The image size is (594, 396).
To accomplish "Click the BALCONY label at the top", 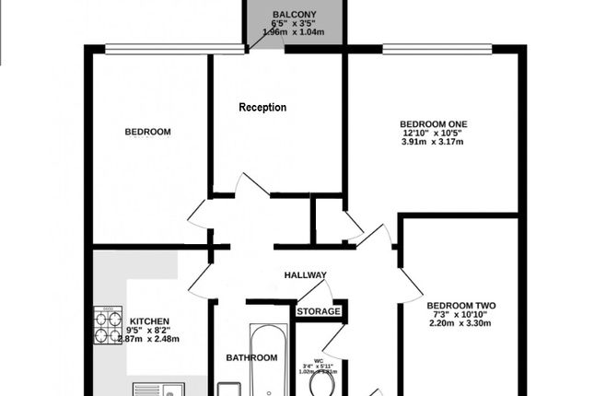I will point(294,14).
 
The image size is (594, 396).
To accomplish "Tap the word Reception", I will point(262,108).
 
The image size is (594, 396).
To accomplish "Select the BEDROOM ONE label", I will point(433,124).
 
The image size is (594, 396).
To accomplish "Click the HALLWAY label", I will point(306,275).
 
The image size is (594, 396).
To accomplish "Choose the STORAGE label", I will point(319,311).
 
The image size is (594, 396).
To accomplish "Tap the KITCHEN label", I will point(149,321).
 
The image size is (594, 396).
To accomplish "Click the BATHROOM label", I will point(251,357).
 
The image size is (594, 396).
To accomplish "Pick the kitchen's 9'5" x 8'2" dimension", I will point(149,331).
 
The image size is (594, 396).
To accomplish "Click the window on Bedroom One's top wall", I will point(433,50).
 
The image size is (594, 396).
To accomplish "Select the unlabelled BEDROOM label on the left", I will point(147,132).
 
